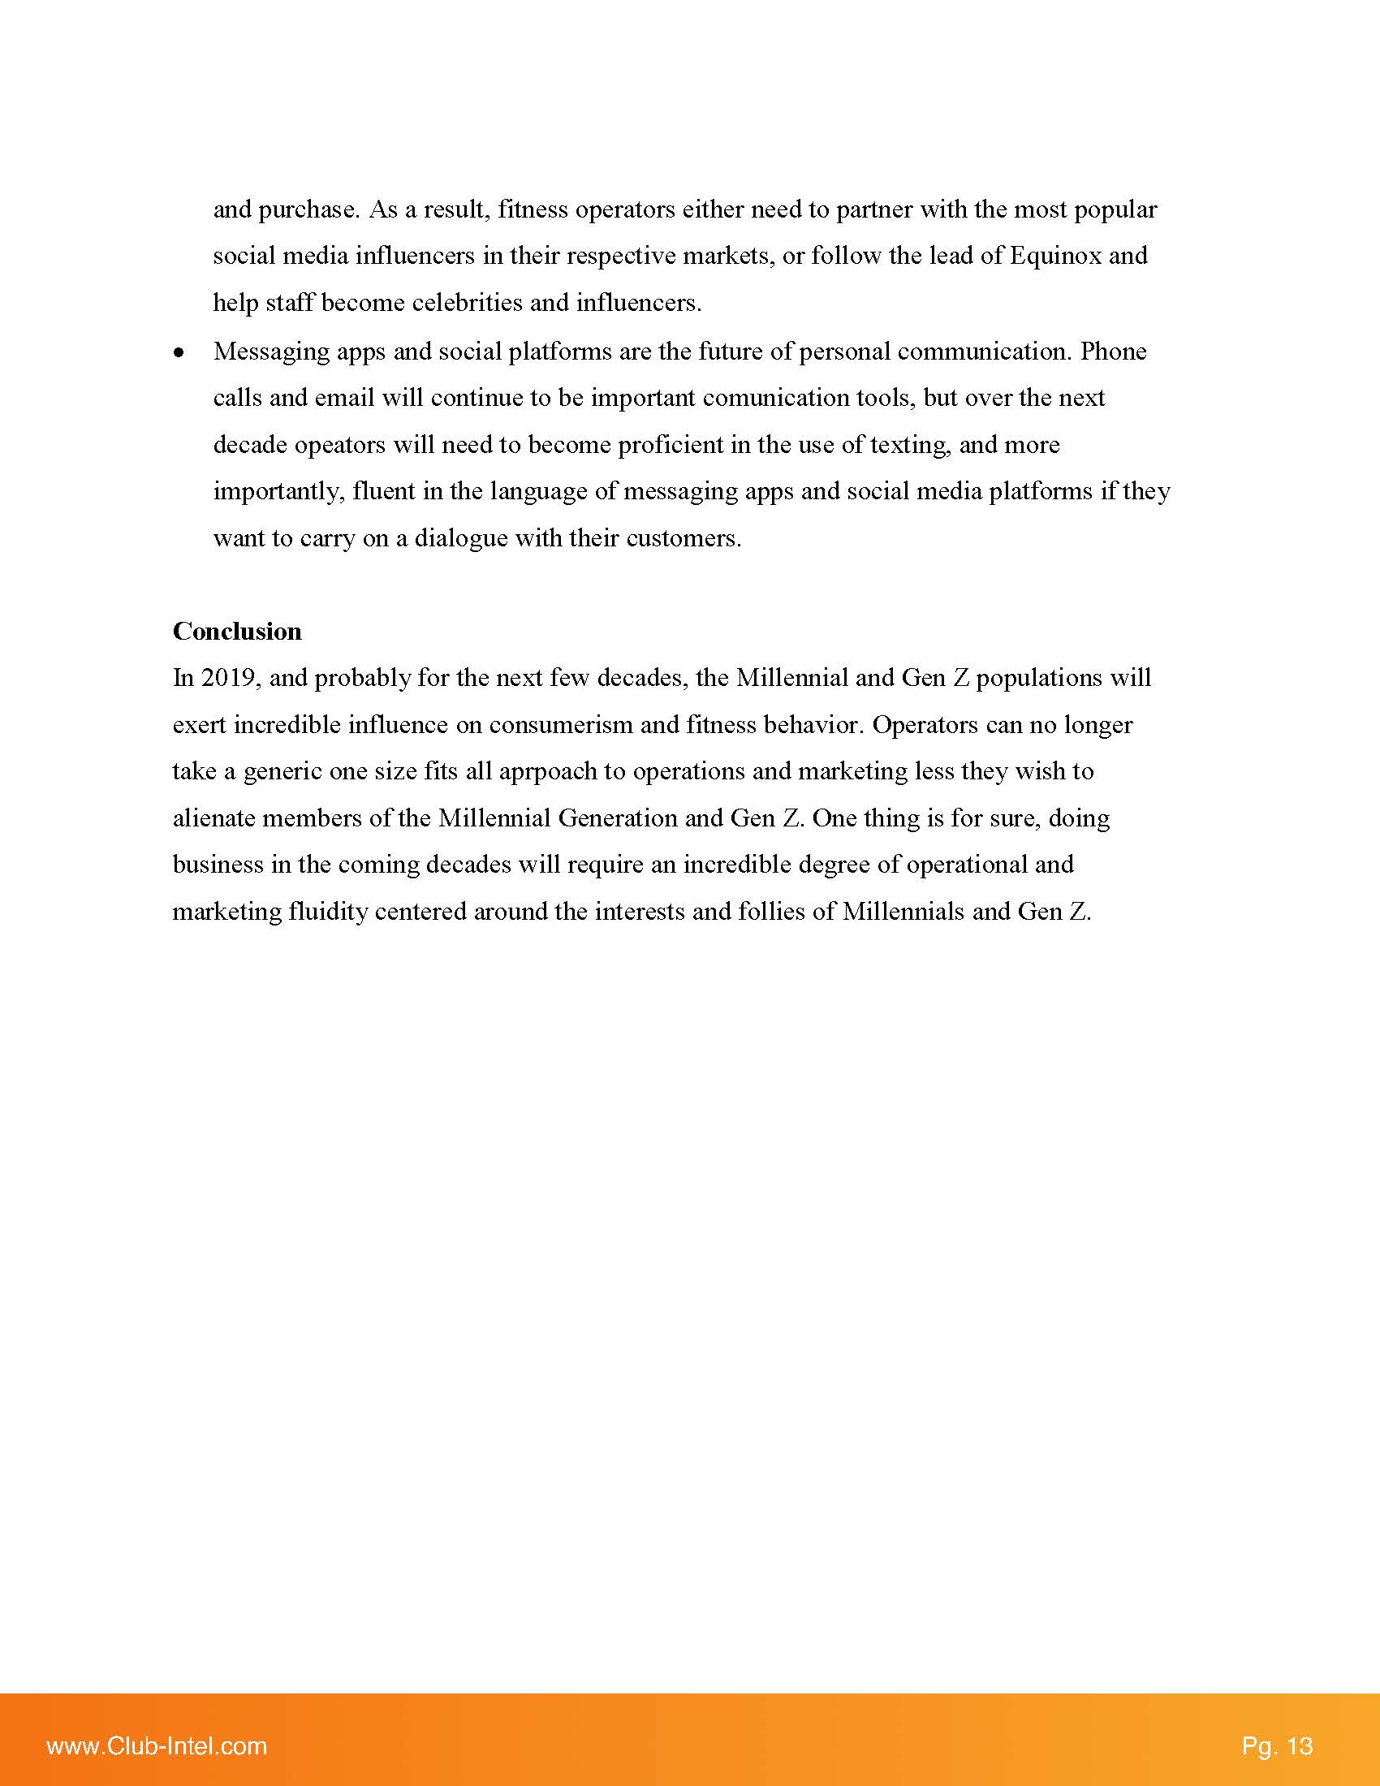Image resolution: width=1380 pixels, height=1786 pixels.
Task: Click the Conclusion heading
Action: [237, 632]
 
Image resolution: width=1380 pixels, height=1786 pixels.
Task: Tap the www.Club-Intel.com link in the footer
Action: [157, 1746]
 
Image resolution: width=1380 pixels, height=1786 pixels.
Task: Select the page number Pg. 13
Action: [1277, 1746]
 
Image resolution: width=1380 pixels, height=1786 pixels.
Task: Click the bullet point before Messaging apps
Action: [179, 353]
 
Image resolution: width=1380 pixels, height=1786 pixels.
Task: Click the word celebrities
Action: [467, 304]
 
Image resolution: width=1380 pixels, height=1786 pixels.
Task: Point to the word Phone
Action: [1114, 352]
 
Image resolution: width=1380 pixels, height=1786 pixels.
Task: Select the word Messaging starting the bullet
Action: [270, 352]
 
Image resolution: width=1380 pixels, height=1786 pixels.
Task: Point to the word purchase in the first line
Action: [308, 210]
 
